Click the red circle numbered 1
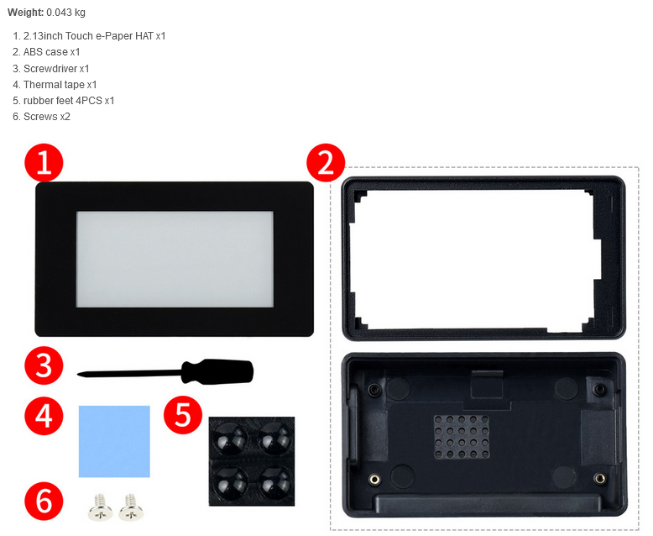(44, 162)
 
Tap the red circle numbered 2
(326, 162)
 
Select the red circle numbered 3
(44, 365)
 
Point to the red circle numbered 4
(44, 416)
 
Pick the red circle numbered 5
(183, 415)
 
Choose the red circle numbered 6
(44, 501)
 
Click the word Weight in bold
(25, 13)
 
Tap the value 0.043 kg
(65, 13)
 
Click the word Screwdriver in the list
(50, 68)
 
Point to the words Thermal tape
(55, 85)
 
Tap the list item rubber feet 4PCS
(63, 101)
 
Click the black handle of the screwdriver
(217, 371)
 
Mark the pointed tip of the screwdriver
(78, 375)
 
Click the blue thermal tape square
(114, 441)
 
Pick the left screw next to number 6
(101, 507)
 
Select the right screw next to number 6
(132, 507)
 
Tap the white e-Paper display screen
(175, 260)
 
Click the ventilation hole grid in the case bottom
(462, 437)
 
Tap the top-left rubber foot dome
(229, 438)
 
